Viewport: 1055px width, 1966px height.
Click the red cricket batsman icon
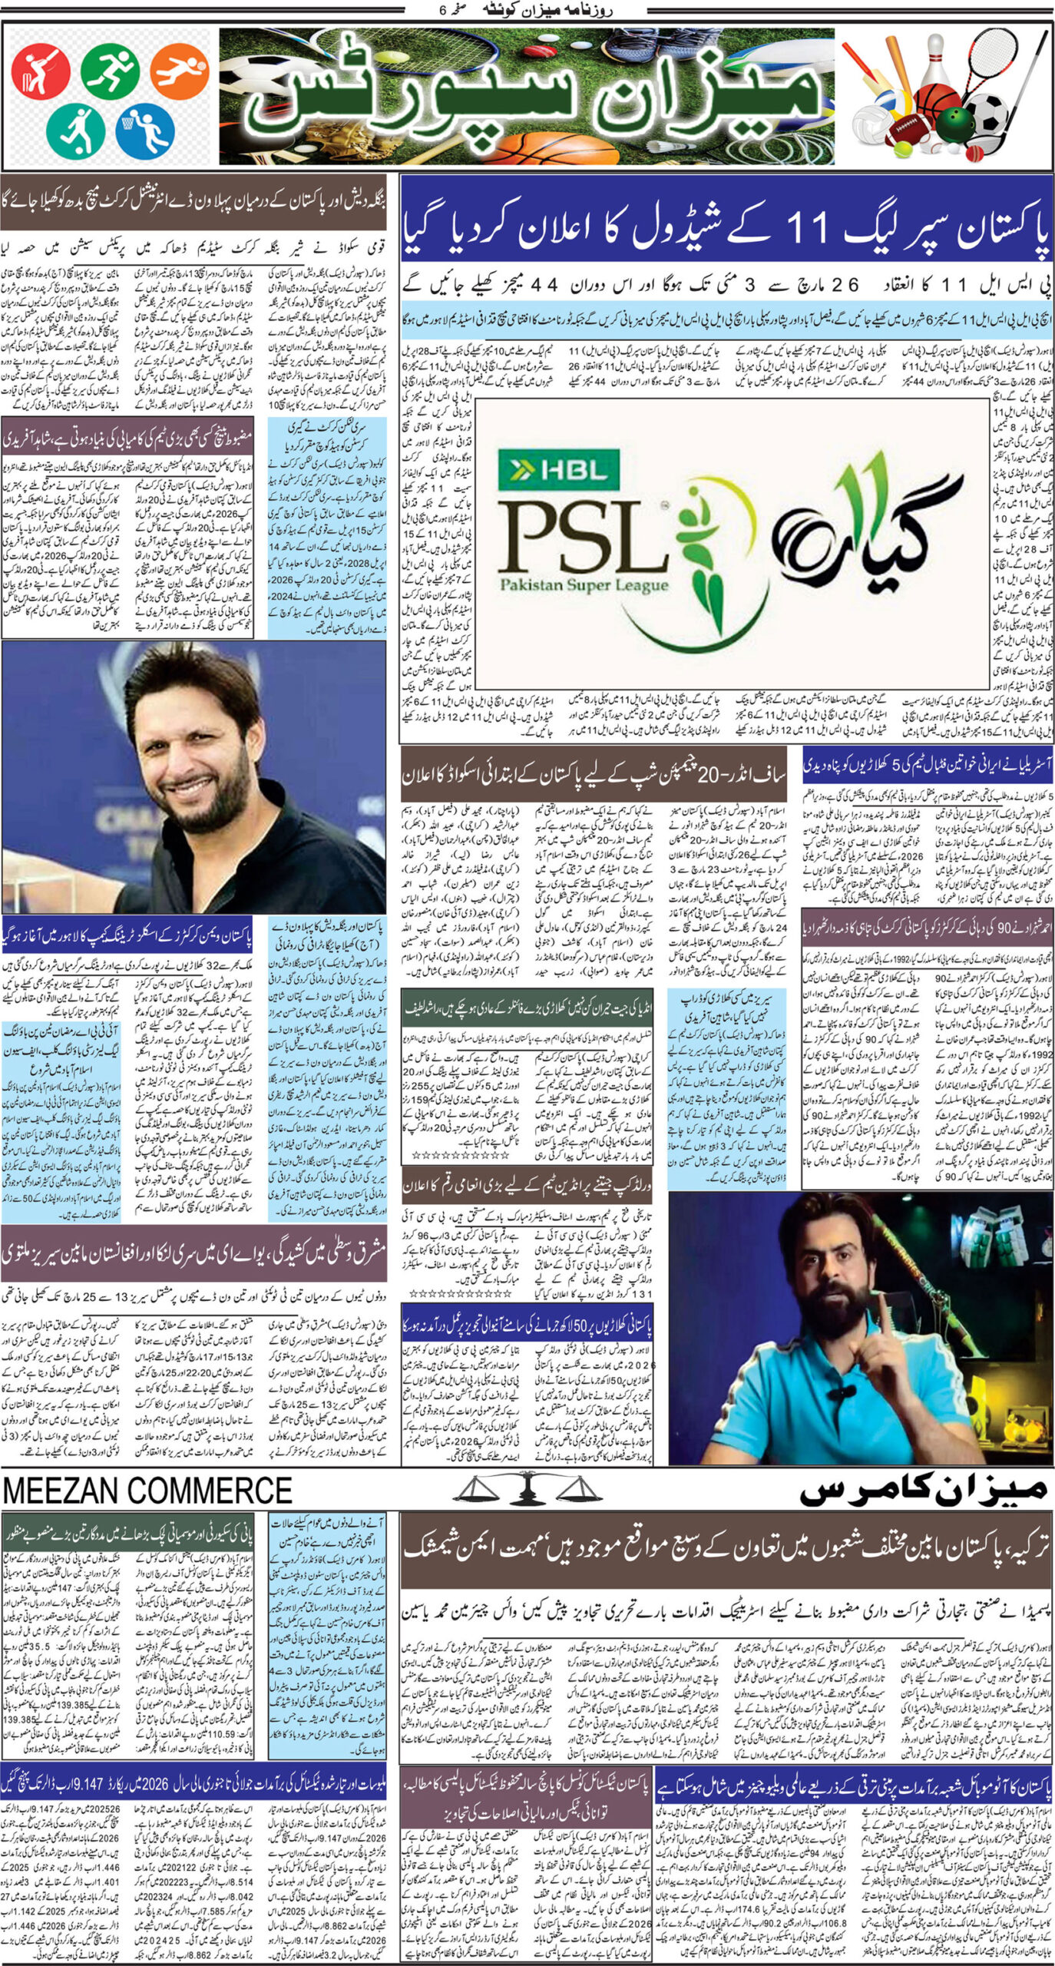[41, 73]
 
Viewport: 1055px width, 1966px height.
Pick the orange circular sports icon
[179, 71]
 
